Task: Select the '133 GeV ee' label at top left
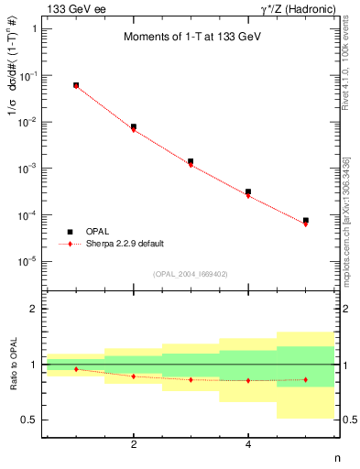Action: (x=72, y=8)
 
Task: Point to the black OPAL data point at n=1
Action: (x=76, y=85)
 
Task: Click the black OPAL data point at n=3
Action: (x=191, y=161)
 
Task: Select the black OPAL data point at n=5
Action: (x=305, y=221)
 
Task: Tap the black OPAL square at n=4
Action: (x=248, y=191)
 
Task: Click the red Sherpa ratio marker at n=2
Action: (x=134, y=376)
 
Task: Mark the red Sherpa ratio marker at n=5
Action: (x=305, y=379)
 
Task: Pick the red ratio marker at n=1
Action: (x=76, y=369)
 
